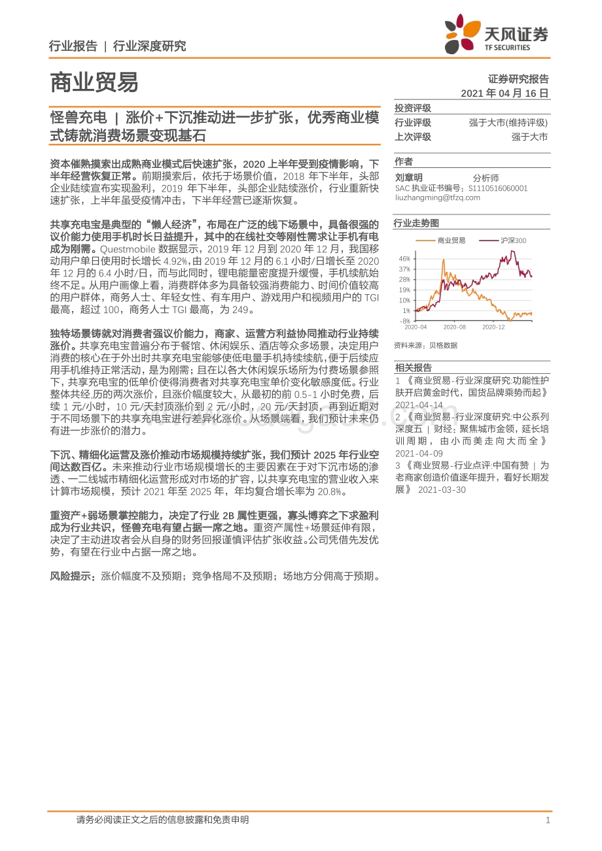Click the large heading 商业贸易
click(x=94, y=83)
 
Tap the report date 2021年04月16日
click(x=505, y=93)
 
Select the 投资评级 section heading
click(x=412, y=108)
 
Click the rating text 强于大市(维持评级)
click(x=508, y=123)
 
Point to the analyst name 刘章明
click(x=409, y=178)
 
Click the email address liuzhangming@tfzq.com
click(x=438, y=197)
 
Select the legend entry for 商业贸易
click(x=451, y=241)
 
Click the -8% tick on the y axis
click(x=405, y=321)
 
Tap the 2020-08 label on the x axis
click(x=454, y=327)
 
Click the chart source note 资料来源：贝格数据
click(x=425, y=345)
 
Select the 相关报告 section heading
click(x=412, y=367)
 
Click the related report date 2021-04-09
click(x=419, y=453)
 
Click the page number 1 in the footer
click(x=548, y=820)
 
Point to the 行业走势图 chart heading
click(x=416, y=224)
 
